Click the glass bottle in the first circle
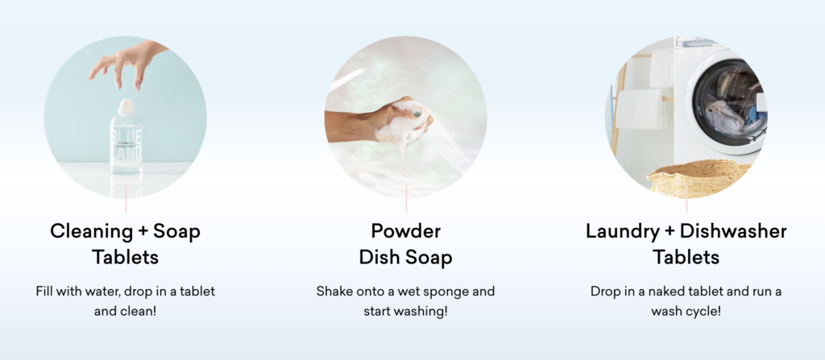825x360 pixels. click(x=126, y=139)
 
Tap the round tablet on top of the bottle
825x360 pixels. click(x=126, y=106)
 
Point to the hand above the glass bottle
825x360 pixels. click(x=126, y=63)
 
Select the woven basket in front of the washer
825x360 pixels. click(x=699, y=178)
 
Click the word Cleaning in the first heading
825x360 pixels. click(x=91, y=232)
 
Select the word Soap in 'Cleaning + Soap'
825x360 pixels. click(x=176, y=231)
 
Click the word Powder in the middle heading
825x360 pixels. click(x=406, y=231)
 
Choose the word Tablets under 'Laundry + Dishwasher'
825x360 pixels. click(x=686, y=258)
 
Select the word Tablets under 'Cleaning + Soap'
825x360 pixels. click(x=125, y=258)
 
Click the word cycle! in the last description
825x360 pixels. click(x=702, y=312)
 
